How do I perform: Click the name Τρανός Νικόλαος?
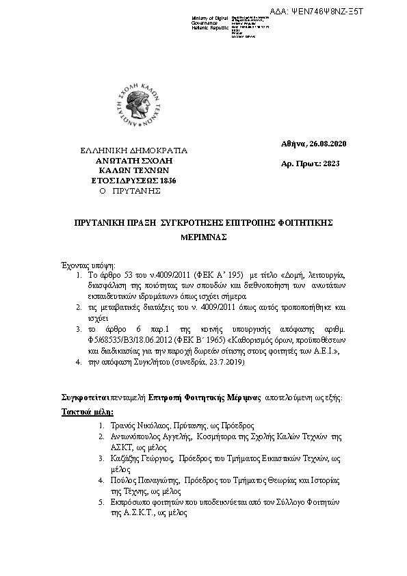(x=141, y=426)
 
